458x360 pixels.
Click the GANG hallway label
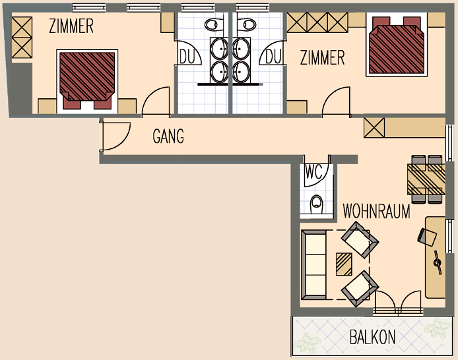168,136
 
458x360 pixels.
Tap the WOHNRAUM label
377,211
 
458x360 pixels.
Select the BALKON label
373,337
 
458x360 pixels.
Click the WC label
313,172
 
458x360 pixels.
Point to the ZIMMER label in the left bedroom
71,26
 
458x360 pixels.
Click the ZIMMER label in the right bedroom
323,57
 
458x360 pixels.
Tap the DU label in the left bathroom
187,56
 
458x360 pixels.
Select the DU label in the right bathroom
273,56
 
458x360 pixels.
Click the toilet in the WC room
316,204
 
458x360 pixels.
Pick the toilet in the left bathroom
214,24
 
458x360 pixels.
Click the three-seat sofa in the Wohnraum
313,265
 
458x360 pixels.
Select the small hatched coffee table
344,264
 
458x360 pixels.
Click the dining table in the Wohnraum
426,179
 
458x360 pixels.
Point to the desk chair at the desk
427,236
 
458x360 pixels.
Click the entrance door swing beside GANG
115,136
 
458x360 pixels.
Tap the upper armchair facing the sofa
360,240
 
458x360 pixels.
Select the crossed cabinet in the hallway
374,128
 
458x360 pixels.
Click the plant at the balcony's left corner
308,342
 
